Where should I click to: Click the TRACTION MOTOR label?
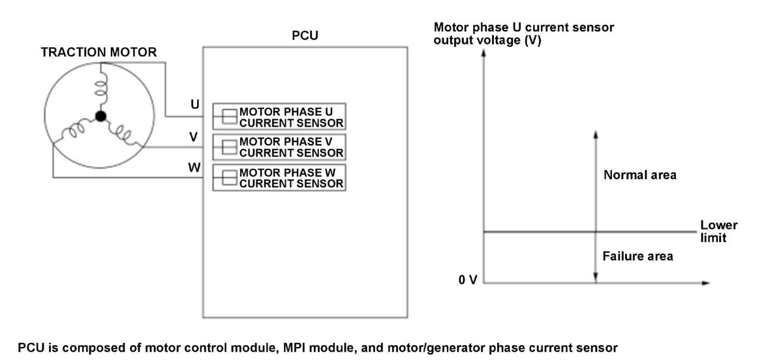pos(99,52)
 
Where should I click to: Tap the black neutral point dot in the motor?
pos(100,116)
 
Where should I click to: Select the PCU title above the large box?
pos(305,36)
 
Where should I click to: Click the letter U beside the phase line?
pos(195,104)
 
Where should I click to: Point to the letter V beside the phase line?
pos(194,137)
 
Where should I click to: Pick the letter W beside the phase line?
pos(194,168)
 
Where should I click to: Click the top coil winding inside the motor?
pos(101,88)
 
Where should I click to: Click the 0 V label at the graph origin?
pos(468,280)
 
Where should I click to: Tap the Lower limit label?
pos(718,232)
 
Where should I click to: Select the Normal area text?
pos(640,175)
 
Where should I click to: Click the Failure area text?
pos(637,256)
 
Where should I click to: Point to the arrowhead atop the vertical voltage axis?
pos(484,52)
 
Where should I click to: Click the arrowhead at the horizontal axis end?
pos(706,283)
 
